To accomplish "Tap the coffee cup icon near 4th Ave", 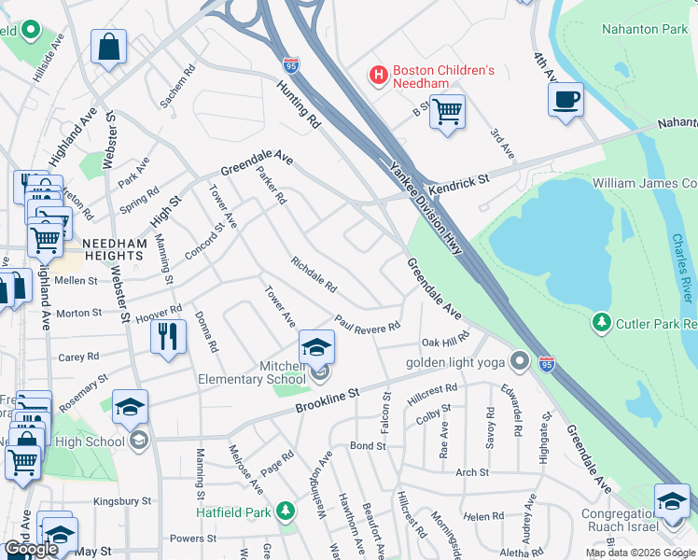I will [566, 99].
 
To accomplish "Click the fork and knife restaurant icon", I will [168, 337].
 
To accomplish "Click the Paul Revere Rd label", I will [368, 322].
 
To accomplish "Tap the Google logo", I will [31, 549].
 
